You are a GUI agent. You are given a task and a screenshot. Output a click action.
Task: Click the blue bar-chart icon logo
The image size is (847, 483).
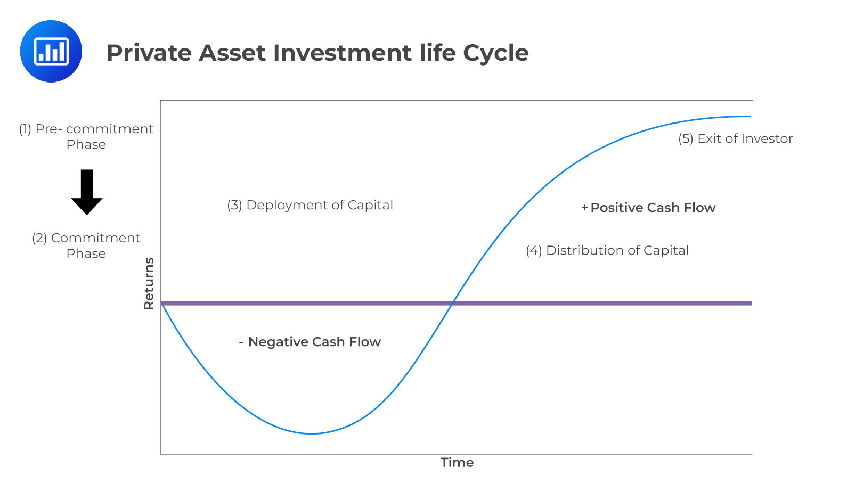[x=51, y=52]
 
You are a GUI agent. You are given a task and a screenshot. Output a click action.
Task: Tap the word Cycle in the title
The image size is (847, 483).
[x=496, y=53]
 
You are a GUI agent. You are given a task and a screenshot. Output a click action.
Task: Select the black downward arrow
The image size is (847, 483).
[x=87, y=192]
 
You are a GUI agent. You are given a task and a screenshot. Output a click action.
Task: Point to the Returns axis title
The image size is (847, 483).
[x=149, y=283]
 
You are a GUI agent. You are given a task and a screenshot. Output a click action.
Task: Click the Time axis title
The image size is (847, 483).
[x=457, y=462]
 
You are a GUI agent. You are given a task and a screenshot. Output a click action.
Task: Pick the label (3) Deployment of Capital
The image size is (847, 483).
[x=310, y=205]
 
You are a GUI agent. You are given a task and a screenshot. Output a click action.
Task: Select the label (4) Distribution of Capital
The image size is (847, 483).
[x=607, y=250]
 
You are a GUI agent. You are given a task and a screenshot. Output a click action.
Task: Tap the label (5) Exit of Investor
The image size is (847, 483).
[x=736, y=138]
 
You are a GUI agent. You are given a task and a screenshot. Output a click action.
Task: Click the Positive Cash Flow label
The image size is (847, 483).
[x=653, y=208]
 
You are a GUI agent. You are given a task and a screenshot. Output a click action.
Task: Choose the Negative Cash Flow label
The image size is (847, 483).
[x=314, y=342]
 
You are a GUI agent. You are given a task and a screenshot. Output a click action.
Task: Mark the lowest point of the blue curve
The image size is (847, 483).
[x=311, y=433]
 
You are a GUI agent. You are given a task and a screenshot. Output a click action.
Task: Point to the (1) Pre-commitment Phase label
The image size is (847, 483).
[x=86, y=136]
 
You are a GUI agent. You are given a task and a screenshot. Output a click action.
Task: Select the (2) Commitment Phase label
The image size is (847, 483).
[x=86, y=245]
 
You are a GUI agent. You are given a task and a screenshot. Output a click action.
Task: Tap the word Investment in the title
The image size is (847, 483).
[x=342, y=53]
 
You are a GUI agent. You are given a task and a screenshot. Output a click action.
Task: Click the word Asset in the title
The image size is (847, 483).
[x=232, y=53]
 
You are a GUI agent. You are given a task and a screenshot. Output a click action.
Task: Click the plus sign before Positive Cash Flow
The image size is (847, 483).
[x=584, y=208]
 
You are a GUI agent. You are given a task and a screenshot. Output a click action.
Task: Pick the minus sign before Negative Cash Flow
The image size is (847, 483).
[x=241, y=342]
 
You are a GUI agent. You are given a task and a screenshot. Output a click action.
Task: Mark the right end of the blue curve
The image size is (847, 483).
[x=751, y=117]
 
